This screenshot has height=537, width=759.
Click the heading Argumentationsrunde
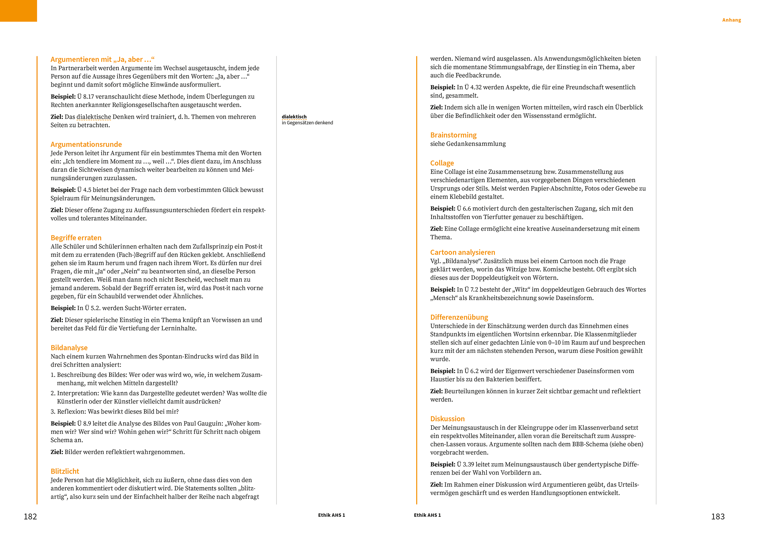point(86,145)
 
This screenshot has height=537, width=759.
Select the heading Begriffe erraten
point(76,238)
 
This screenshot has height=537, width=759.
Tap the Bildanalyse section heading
point(69,347)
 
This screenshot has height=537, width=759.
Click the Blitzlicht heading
point(65,471)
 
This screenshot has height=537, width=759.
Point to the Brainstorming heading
point(453,135)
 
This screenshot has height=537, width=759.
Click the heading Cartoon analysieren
point(462,252)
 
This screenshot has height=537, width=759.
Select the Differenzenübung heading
point(459,317)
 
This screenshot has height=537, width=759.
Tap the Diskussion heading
point(447,419)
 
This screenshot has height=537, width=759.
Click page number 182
point(30,516)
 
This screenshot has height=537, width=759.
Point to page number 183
point(718,516)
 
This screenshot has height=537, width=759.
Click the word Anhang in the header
point(731,20)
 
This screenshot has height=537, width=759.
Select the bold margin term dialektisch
point(294,117)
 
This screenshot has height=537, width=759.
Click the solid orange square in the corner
point(18,11)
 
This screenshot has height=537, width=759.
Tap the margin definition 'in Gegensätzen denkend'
point(307,123)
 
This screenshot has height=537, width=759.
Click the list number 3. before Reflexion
point(53,412)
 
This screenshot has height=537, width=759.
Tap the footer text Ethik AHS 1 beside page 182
point(331,515)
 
